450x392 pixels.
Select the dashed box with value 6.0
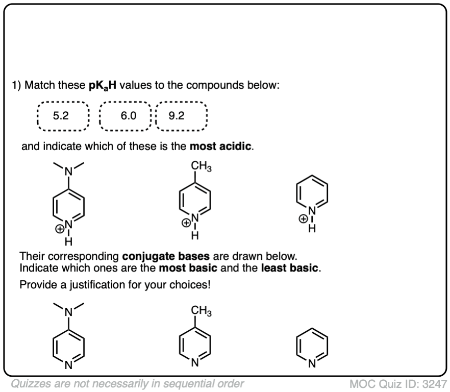(126, 116)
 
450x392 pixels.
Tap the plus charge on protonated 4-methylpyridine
(186, 223)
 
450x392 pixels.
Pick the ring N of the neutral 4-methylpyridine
(194, 364)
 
